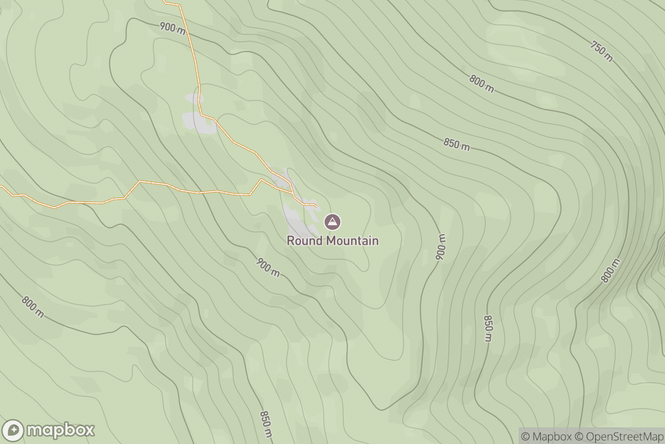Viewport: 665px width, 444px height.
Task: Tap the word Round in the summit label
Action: (x=305, y=241)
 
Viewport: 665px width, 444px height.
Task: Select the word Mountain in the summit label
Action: (x=352, y=241)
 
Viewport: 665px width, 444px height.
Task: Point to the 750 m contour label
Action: (x=601, y=52)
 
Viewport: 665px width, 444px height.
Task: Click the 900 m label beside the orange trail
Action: (x=172, y=28)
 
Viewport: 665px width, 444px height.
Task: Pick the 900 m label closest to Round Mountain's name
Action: (x=268, y=267)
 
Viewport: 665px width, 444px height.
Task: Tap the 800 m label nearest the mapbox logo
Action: (x=33, y=306)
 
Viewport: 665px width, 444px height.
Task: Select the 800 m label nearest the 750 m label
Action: (x=481, y=83)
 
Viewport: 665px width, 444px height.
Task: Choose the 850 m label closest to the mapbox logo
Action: (x=266, y=424)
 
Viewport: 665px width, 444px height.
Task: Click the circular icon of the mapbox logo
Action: (x=13, y=431)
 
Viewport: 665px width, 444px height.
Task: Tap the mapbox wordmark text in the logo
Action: (x=60, y=430)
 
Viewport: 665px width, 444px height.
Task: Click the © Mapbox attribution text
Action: (x=545, y=436)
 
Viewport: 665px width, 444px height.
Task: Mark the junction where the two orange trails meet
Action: (x=293, y=194)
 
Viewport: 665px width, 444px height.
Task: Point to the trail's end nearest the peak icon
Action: (x=316, y=206)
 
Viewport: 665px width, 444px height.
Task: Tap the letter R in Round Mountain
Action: (x=290, y=241)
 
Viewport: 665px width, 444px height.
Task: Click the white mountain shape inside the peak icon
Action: (x=332, y=223)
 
